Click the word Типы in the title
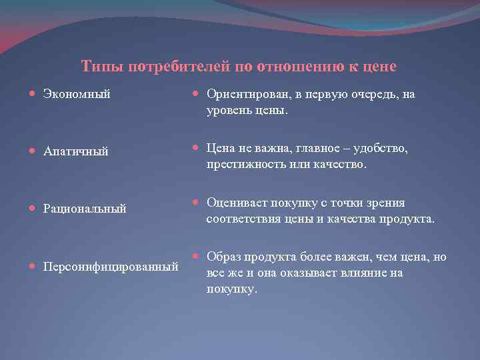point(102,67)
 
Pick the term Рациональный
point(85,209)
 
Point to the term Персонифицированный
point(111,267)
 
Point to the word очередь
point(371,95)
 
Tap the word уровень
point(229,110)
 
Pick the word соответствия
point(245,218)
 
